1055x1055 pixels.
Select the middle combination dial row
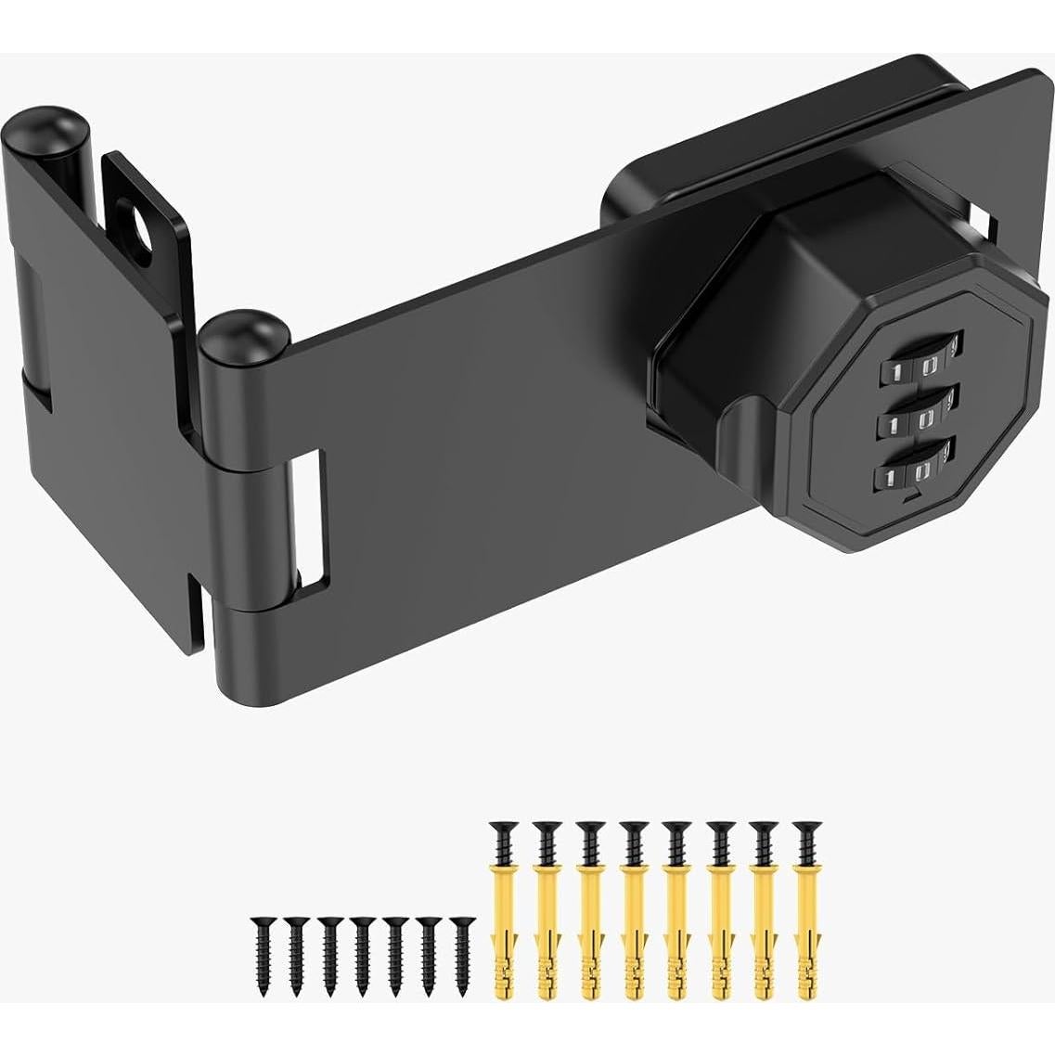(914, 422)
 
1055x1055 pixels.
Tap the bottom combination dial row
(913, 474)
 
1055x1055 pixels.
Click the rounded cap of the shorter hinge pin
(234, 334)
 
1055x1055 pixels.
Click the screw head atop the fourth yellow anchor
(634, 828)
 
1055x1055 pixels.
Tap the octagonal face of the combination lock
(914, 422)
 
